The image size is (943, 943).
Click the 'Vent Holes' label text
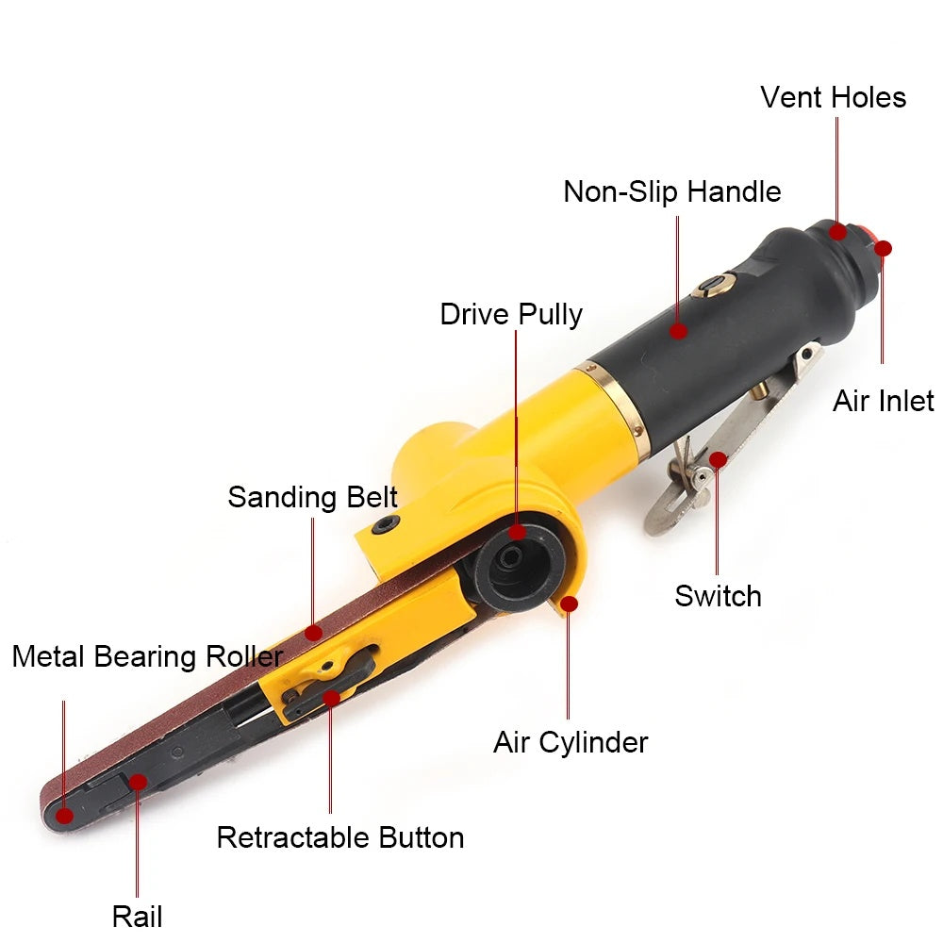coord(833,97)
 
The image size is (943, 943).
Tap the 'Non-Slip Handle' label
coord(672,191)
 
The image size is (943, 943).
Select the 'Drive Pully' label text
coord(511,315)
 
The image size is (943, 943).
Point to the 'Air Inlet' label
coord(884,401)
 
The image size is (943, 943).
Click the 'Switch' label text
coord(718,596)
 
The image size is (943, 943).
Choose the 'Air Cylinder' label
coord(571,743)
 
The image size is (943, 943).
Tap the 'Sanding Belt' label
coord(313,498)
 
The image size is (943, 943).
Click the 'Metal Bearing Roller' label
coord(147,656)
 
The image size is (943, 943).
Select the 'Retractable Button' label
coord(340,837)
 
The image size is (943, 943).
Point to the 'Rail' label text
coord(137,917)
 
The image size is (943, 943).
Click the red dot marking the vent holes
coord(837,232)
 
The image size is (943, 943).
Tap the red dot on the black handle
coord(678,330)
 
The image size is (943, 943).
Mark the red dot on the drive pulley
coord(517,532)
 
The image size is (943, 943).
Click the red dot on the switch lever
coord(718,460)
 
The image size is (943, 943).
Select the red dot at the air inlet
coord(883,248)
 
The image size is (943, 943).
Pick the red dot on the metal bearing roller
coord(64,816)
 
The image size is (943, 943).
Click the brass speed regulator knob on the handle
coord(715,284)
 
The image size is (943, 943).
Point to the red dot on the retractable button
coord(331,698)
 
